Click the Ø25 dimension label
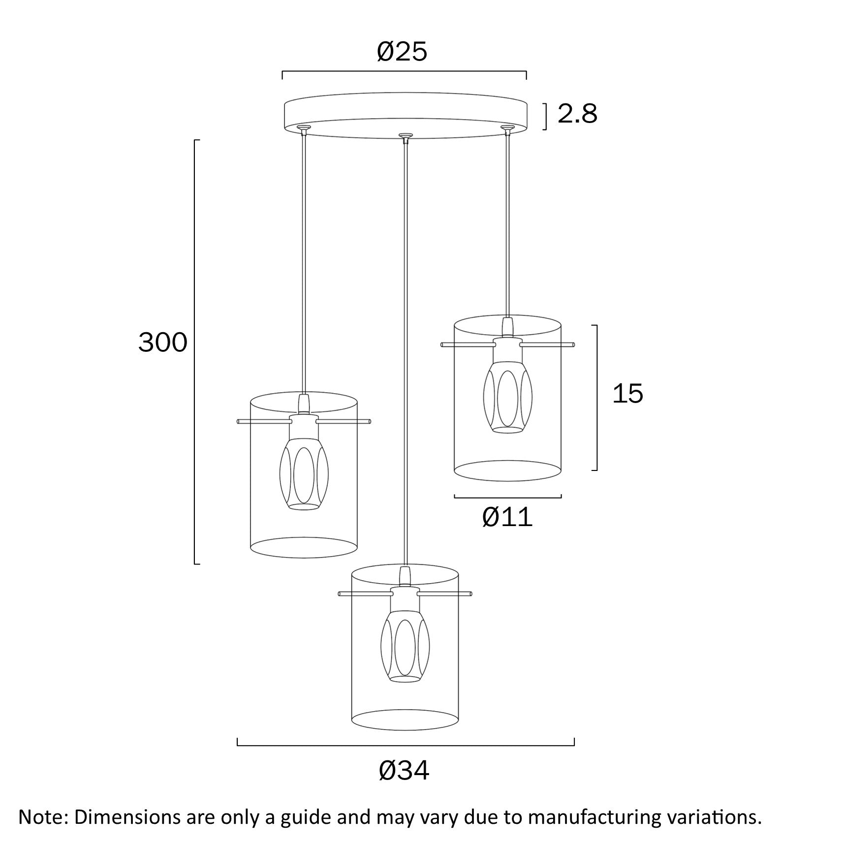(402, 52)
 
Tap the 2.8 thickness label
(577, 114)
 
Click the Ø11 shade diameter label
(507, 517)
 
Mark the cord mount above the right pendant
(507, 129)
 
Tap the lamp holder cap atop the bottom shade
(405, 576)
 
